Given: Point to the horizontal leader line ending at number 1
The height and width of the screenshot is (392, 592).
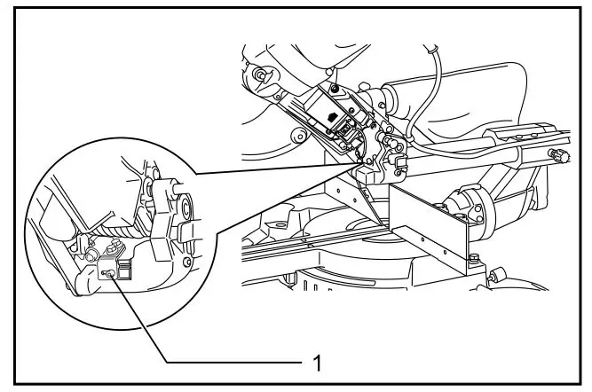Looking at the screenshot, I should tap(231, 361).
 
